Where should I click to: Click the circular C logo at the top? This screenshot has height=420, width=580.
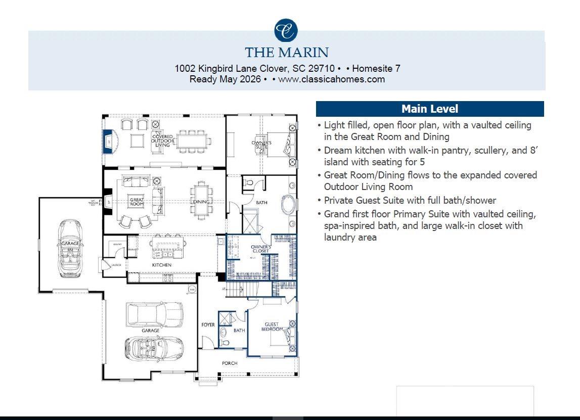[x=286, y=30]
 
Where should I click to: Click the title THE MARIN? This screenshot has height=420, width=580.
[x=287, y=53]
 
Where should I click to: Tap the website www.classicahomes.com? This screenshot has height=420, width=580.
[x=331, y=79]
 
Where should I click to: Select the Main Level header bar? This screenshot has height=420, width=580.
[x=429, y=109]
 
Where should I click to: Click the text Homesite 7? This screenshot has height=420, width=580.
[x=376, y=68]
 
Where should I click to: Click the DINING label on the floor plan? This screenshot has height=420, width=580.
[x=201, y=202]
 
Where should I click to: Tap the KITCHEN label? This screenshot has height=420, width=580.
[x=162, y=265]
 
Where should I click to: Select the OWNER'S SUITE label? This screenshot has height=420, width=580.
[x=261, y=145]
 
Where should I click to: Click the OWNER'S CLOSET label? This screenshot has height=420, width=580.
[x=261, y=249]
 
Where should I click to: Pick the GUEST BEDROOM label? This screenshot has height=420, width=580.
[x=272, y=327]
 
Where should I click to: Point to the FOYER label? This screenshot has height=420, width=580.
[x=208, y=325]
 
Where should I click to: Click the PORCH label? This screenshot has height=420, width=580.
[x=230, y=363]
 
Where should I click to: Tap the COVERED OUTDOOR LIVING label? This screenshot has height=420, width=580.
[x=162, y=141]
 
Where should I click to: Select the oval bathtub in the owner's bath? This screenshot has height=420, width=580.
[x=288, y=206]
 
